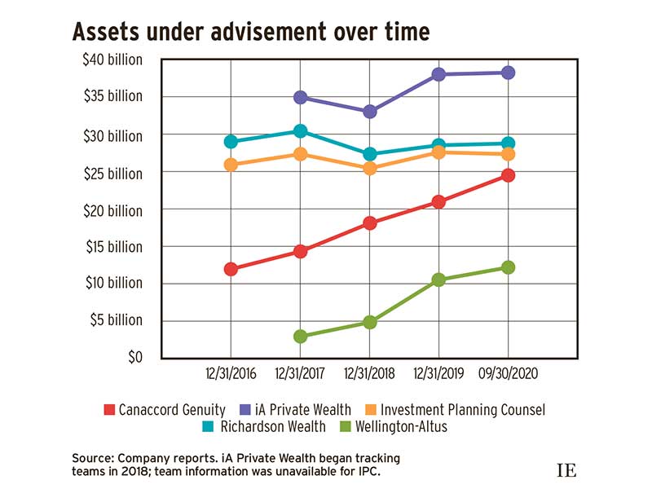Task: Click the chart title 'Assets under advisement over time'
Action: point(251,31)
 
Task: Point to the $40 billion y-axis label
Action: point(112,59)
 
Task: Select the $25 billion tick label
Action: point(112,174)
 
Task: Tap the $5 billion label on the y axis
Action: point(116,320)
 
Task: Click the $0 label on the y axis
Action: point(134,357)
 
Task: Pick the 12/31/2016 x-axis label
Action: point(231,373)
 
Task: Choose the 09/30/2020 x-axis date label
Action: point(508,373)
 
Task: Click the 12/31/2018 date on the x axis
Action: point(369,373)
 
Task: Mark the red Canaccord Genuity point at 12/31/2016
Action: point(231,269)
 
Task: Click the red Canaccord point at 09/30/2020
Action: point(508,175)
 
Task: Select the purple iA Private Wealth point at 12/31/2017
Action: point(300,98)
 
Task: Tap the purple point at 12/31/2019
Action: point(438,74)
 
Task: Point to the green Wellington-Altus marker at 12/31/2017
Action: point(300,336)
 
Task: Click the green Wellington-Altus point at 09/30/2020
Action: point(508,267)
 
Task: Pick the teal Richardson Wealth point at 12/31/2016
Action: point(231,141)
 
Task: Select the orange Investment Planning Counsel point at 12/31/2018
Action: point(369,169)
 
